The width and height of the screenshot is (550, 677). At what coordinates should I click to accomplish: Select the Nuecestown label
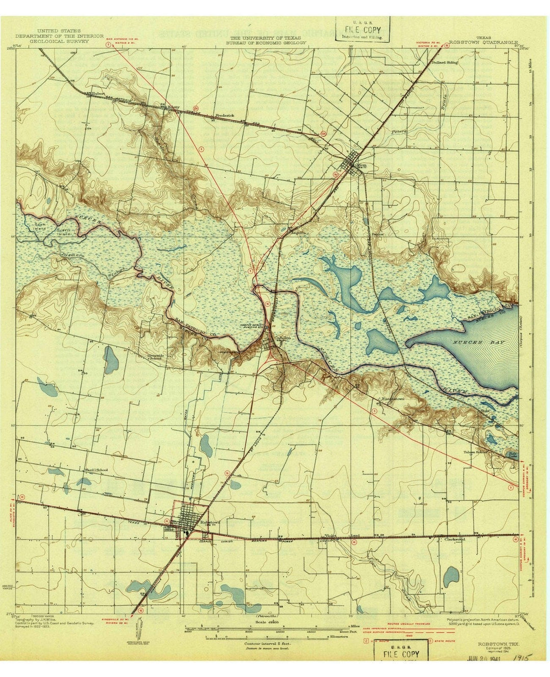coord(393,399)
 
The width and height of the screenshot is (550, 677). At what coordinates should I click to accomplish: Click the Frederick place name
coord(225,116)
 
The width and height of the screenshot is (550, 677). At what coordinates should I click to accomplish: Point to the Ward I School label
coord(96,470)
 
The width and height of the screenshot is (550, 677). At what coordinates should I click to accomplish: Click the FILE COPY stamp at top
coord(363,28)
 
